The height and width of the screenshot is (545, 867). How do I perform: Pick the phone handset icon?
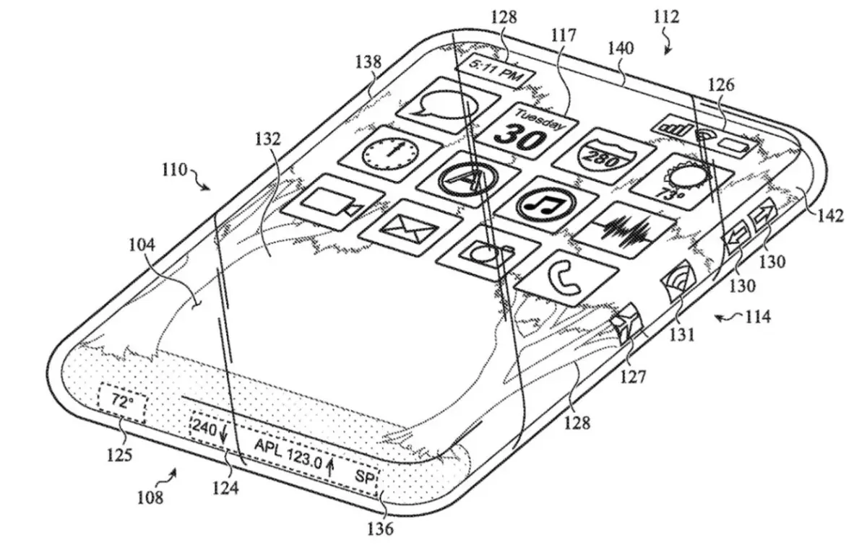(x=567, y=275)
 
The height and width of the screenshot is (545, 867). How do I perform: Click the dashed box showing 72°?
(x=121, y=403)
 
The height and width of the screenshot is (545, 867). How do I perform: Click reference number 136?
(x=379, y=529)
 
